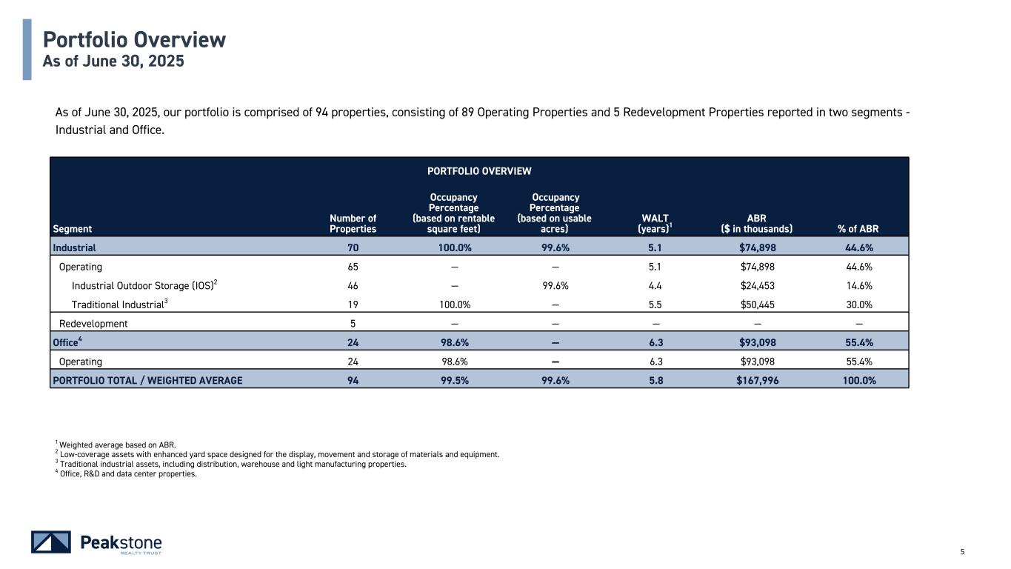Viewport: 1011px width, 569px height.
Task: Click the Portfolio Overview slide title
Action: pos(134,39)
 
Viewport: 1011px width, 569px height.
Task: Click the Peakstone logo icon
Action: pos(51,542)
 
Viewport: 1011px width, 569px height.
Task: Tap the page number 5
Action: pos(962,551)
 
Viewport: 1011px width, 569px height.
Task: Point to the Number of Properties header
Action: pos(353,223)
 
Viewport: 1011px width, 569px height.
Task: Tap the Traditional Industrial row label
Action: pos(119,304)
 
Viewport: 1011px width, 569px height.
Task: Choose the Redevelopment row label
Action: pos(93,323)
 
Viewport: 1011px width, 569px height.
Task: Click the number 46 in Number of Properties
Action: pos(353,285)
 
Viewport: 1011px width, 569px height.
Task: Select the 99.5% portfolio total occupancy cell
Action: pos(453,380)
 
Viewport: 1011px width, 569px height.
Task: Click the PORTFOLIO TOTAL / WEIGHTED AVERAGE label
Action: pos(147,380)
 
